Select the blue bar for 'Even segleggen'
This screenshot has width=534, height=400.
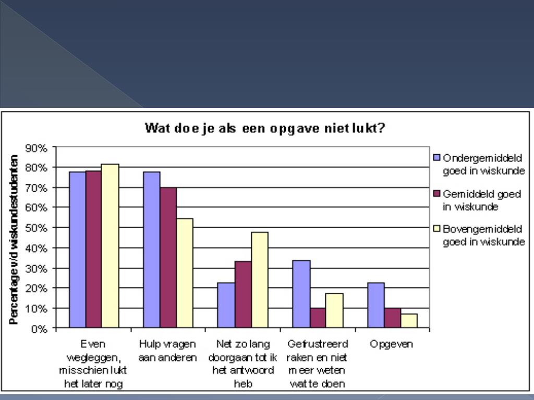pos(77,250)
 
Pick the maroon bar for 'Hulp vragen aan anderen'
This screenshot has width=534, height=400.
pos(168,258)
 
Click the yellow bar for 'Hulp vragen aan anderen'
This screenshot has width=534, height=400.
pos(185,273)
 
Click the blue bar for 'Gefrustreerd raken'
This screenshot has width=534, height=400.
pos(302,294)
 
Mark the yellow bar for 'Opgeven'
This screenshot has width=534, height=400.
pos(409,321)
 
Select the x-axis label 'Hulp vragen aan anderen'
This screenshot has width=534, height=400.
pos(168,351)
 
